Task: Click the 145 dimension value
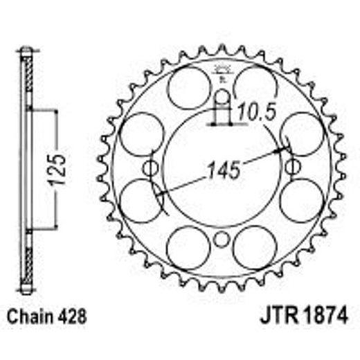point(222,168)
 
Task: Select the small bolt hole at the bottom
point(222,240)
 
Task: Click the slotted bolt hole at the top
point(222,104)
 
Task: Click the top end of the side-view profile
point(26,51)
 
